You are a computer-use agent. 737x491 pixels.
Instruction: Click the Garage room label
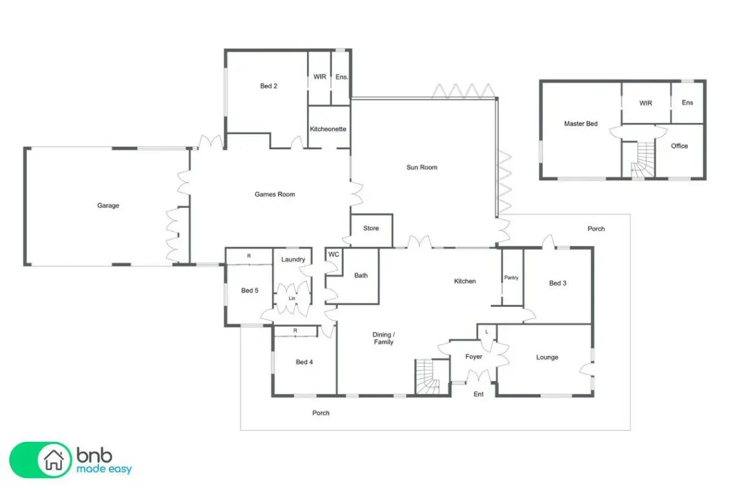pyautogui.click(x=108, y=205)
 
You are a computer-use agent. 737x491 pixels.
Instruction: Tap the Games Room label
pyautogui.click(x=275, y=194)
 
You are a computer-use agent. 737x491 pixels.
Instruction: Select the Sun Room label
pyautogui.click(x=422, y=167)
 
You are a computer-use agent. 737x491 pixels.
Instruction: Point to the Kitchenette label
pyautogui.click(x=328, y=129)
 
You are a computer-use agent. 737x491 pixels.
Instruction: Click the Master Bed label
pyautogui.click(x=581, y=123)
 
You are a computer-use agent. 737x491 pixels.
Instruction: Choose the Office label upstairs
pyautogui.click(x=679, y=146)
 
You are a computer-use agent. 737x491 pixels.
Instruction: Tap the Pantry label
pyautogui.click(x=511, y=278)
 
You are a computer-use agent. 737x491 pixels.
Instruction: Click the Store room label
pyautogui.click(x=371, y=228)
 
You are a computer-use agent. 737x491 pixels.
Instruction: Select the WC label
pyautogui.click(x=334, y=255)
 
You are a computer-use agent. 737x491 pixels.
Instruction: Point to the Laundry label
pyautogui.click(x=293, y=259)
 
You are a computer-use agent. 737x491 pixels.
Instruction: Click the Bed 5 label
pyautogui.click(x=250, y=290)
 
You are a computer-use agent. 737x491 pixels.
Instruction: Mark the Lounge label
pyautogui.click(x=547, y=357)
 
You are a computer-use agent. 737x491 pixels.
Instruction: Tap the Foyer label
pyautogui.click(x=474, y=357)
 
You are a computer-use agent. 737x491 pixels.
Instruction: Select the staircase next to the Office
pyautogui.click(x=641, y=160)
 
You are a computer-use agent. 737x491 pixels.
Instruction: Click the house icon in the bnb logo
pyautogui.click(x=54, y=459)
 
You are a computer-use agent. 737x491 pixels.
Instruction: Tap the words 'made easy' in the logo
pyautogui.click(x=104, y=469)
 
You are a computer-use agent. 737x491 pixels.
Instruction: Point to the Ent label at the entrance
pyautogui.click(x=478, y=394)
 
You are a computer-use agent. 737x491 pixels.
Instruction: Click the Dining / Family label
pyautogui.click(x=383, y=339)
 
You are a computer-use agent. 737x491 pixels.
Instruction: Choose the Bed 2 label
pyautogui.click(x=268, y=86)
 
